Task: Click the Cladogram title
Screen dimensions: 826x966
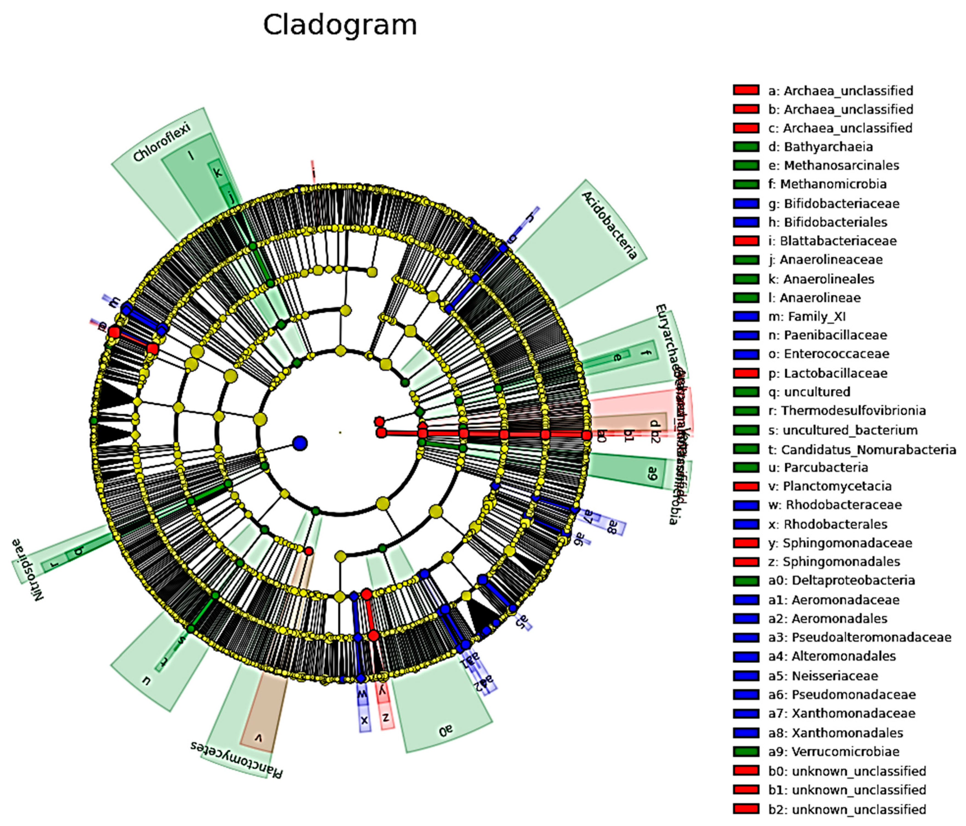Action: click(x=340, y=25)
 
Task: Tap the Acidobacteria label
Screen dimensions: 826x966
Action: click(x=609, y=225)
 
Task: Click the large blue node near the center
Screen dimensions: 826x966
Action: click(x=300, y=443)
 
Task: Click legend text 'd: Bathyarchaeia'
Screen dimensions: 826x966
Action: click(x=828, y=147)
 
